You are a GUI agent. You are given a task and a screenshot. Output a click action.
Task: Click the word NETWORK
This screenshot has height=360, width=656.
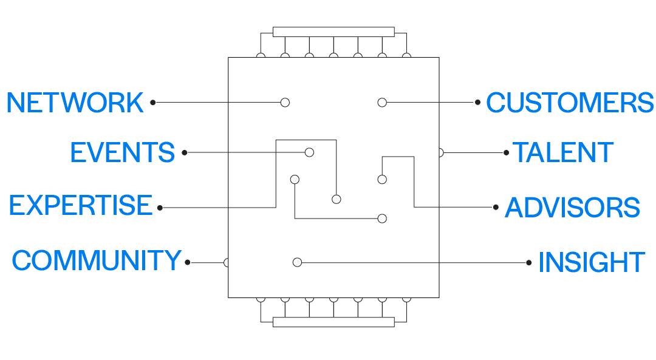[75, 103]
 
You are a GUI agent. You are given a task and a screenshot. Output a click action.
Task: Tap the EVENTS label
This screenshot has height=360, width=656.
[122, 152]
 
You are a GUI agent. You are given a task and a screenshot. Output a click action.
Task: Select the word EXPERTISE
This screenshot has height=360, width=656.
[80, 206]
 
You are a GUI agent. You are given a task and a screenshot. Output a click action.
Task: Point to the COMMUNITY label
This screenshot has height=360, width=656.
[96, 261]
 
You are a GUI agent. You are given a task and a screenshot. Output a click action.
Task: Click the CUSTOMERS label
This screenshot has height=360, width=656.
[570, 103]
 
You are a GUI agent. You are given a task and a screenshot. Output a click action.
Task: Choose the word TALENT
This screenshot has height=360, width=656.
[563, 152]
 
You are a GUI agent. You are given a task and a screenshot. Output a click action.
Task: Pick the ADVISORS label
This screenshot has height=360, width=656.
[572, 208]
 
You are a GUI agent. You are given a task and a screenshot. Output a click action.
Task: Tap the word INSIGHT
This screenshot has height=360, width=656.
[591, 262]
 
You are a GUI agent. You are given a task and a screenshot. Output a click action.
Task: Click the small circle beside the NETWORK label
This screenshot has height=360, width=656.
[153, 103]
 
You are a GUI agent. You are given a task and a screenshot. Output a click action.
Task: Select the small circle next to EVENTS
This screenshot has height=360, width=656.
[185, 152]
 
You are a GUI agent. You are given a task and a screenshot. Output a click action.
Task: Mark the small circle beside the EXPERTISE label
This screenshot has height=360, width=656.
[160, 208]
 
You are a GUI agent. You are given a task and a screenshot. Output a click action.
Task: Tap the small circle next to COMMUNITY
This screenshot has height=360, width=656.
[188, 262]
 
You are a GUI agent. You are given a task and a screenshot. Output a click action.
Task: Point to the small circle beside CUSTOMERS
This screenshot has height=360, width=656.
[478, 103]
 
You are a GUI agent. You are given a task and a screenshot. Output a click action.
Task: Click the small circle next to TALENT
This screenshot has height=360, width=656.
[506, 152]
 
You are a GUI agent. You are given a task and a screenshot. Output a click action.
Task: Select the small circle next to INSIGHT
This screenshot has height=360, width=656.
[529, 262]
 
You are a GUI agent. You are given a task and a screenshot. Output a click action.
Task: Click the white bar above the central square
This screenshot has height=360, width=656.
[333, 32]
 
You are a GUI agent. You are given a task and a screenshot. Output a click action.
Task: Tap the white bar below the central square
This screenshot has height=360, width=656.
[333, 322]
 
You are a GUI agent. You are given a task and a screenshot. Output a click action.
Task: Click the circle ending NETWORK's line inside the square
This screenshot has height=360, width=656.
[285, 103]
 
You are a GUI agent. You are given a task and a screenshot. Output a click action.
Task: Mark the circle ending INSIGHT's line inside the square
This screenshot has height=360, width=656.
[297, 262]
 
